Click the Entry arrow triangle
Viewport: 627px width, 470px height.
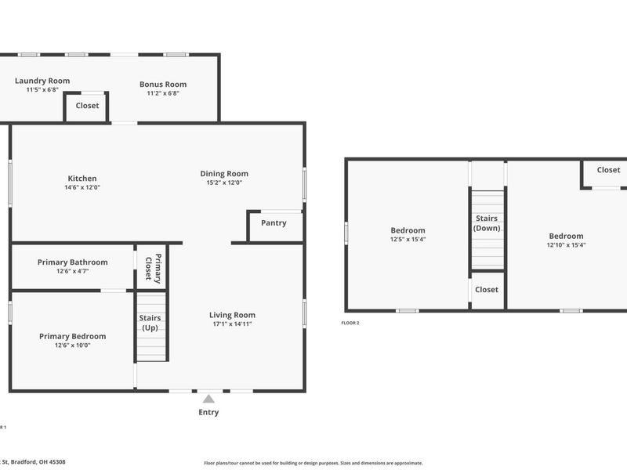pyautogui.click(x=208, y=399)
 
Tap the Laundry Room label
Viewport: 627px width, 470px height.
pyautogui.click(x=42, y=81)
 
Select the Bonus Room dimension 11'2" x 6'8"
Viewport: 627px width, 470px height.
pyautogui.click(x=163, y=93)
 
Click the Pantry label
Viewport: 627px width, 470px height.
pyautogui.click(x=274, y=223)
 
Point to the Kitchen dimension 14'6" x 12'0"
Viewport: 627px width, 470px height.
pyautogui.click(x=82, y=187)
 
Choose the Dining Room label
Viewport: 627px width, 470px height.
pyautogui.click(x=224, y=174)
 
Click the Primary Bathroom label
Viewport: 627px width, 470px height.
pyautogui.click(x=73, y=262)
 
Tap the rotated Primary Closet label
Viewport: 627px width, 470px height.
pyautogui.click(x=153, y=269)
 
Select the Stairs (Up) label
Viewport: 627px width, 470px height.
pyautogui.click(x=150, y=323)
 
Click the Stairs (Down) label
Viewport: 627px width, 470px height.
pyautogui.click(x=487, y=223)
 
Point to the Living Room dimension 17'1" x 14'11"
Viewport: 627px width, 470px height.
pyautogui.click(x=232, y=324)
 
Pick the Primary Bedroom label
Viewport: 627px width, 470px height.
pyautogui.click(x=73, y=337)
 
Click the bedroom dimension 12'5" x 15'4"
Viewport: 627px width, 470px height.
pyautogui.click(x=408, y=240)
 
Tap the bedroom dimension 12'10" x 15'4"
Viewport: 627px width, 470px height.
pyautogui.click(x=566, y=245)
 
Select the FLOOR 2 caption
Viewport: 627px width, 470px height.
pyautogui.click(x=350, y=323)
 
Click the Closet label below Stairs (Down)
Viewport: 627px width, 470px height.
pyautogui.click(x=487, y=290)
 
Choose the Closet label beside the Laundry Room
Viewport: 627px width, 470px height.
pyautogui.click(x=87, y=106)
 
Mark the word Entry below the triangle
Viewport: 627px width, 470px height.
pyautogui.click(x=208, y=412)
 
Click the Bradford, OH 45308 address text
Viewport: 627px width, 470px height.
pyautogui.click(x=38, y=462)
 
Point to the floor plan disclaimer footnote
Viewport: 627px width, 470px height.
pyautogui.click(x=313, y=463)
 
